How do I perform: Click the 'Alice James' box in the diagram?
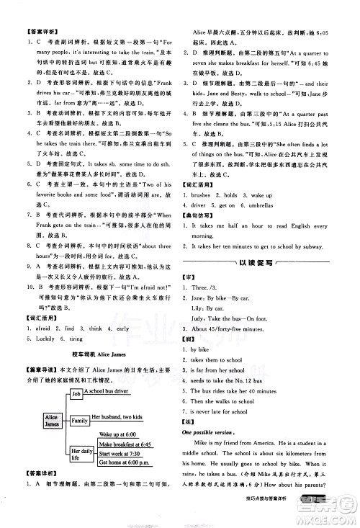coord(31,421)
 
